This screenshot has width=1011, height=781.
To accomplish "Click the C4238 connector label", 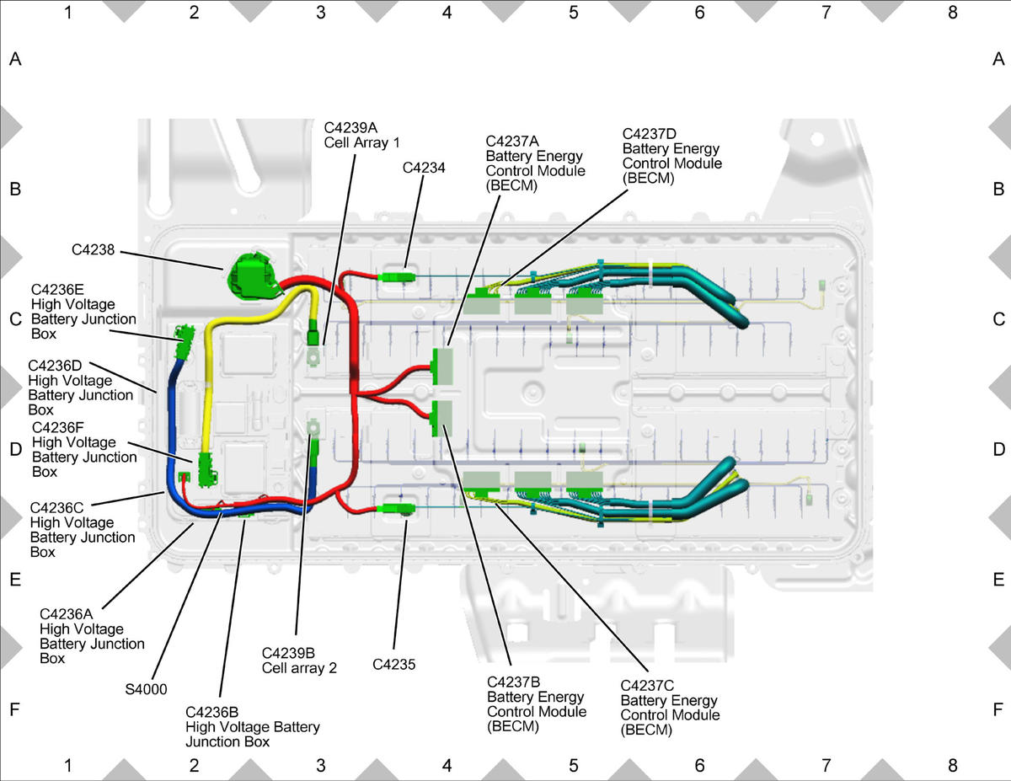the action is [93, 249].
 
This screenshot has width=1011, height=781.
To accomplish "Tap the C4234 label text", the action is [424, 168].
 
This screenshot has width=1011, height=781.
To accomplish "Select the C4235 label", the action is [393, 664].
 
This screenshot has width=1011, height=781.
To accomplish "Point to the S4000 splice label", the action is [146, 689].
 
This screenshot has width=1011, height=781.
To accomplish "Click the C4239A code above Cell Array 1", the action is [350, 127].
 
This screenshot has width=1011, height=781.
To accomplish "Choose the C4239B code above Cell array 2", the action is [288, 653].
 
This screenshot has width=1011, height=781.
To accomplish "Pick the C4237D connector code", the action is [649, 134].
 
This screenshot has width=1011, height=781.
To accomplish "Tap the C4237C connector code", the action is [647, 685].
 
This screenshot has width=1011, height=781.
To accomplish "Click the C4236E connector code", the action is [57, 289].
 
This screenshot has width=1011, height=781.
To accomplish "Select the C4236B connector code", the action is [211, 712].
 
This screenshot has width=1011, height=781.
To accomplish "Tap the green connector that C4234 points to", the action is [397, 277].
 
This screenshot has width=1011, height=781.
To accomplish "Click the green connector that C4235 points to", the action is [398, 508].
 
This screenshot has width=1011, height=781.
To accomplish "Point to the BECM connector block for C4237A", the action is [442, 366].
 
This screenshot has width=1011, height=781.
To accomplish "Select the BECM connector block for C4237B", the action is [442, 418].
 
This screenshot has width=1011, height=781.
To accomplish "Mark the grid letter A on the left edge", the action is [15, 59].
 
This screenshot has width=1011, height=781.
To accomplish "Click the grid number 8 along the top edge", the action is [952, 13].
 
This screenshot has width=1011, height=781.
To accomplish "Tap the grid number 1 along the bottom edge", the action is [68, 765].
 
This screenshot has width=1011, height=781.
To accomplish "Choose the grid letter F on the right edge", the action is [998, 709].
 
